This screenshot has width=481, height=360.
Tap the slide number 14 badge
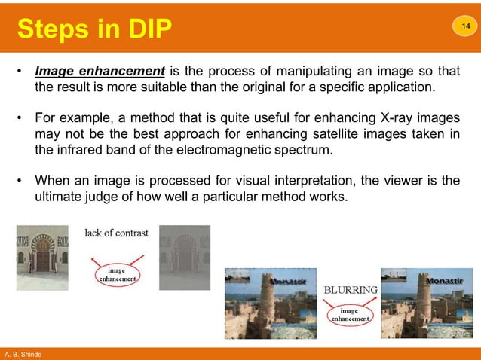coord(464,27)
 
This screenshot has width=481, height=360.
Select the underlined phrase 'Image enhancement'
coord(100,72)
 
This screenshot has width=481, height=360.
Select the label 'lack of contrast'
coord(115,233)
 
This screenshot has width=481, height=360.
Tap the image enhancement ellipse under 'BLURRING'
coord(349,314)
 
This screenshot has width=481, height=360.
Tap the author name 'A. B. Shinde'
coord(24,354)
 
